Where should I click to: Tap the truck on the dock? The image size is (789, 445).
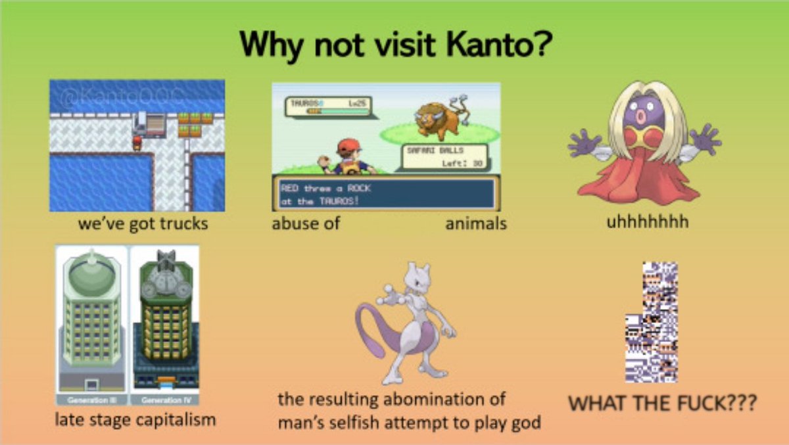pos(149,124)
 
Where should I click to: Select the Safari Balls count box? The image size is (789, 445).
pos(444,157)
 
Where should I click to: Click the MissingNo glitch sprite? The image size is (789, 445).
pos(651,322)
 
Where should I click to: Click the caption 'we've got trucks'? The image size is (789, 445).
pos(143,223)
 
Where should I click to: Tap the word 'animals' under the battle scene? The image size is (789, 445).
pos(476,223)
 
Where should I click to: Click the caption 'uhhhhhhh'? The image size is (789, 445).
pos(648,222)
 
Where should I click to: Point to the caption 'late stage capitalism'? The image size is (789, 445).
pos(135,419)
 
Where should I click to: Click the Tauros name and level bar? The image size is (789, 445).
pos(328,106)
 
